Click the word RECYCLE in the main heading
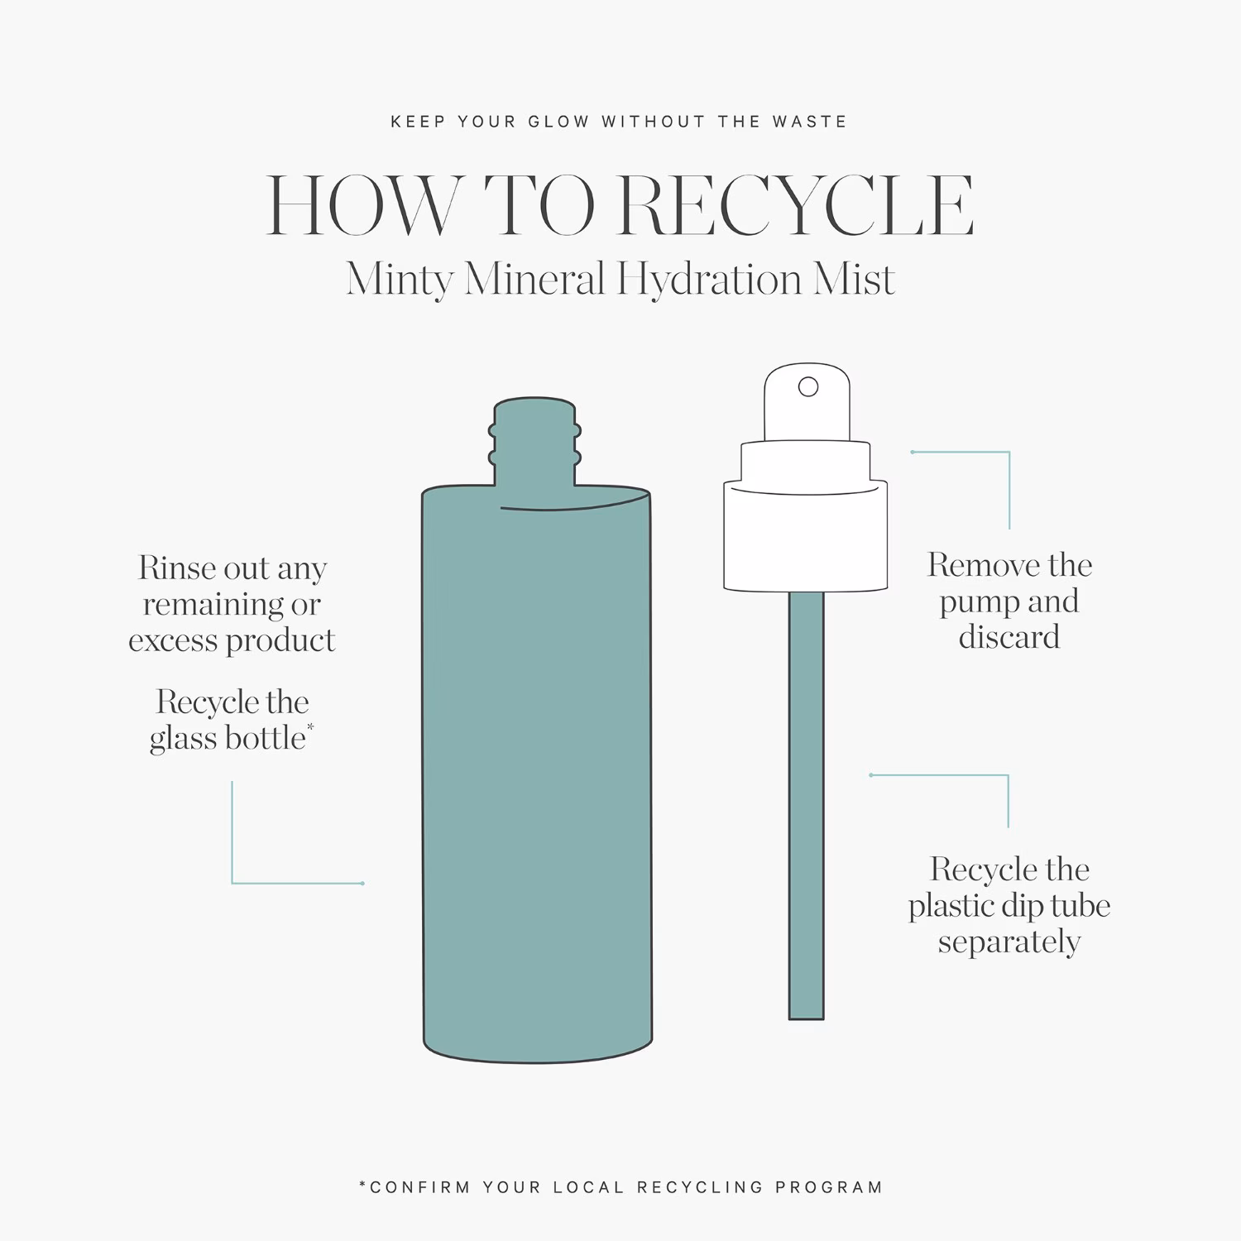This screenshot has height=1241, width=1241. point(796,207)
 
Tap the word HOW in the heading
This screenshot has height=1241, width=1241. point(361,207)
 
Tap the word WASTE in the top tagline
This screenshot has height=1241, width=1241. point(810,122)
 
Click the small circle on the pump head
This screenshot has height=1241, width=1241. point(808,386)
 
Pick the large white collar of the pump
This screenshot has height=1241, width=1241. point(806,535)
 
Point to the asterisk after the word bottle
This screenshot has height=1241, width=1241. point(310,727)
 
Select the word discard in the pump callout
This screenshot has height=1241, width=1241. point(1009,638)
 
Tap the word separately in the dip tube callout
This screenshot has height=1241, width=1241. point(1009,943)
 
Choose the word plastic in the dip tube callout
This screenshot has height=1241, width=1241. point(948,907)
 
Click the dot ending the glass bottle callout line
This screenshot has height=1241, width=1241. point(362,884)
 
